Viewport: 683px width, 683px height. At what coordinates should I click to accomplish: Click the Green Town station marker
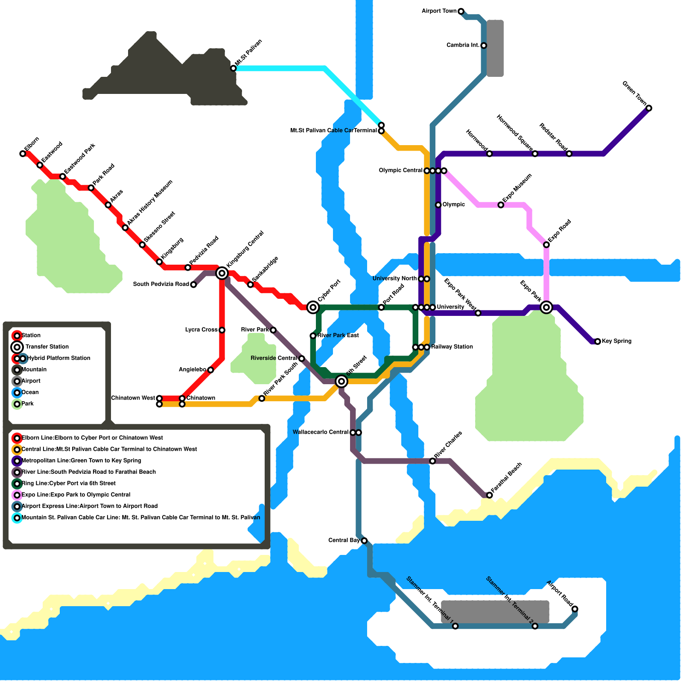coord(649,108)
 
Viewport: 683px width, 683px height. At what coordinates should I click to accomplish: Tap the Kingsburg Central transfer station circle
coord(222,273)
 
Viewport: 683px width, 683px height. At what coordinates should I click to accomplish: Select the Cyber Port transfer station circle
coord(313,307)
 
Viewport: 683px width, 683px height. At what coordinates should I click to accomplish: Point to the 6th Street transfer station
coord(341,381)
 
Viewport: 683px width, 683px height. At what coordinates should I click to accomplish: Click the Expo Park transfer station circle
coord(546,307)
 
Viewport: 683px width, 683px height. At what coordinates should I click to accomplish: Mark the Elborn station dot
coord(23,154)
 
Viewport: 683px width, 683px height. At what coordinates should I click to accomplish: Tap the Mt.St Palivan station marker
coord(233,68)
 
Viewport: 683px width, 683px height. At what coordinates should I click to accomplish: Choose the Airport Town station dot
coord(461,11)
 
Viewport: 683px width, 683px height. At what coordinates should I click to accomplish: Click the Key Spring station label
coord(616,341)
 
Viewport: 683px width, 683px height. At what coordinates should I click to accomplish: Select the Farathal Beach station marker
coord(490,495)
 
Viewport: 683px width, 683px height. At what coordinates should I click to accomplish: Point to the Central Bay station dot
coord(364,541)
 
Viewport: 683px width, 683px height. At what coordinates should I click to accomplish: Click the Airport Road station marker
coord(575,609)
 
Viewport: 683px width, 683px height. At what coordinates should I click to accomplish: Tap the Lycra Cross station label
coord(201,330)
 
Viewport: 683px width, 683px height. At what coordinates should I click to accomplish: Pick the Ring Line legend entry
coord(68,483)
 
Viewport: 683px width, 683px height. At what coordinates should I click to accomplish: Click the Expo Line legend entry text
coord(76,495)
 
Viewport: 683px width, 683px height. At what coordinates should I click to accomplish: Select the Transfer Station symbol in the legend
coord(17,347)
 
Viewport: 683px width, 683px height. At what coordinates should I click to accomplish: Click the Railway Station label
coord(452,347)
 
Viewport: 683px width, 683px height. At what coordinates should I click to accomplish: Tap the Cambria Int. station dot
coord(484,46)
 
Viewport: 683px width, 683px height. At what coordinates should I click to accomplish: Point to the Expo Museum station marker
coord(501,205)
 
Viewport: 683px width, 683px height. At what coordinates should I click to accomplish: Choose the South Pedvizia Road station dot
coord(193,285)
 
